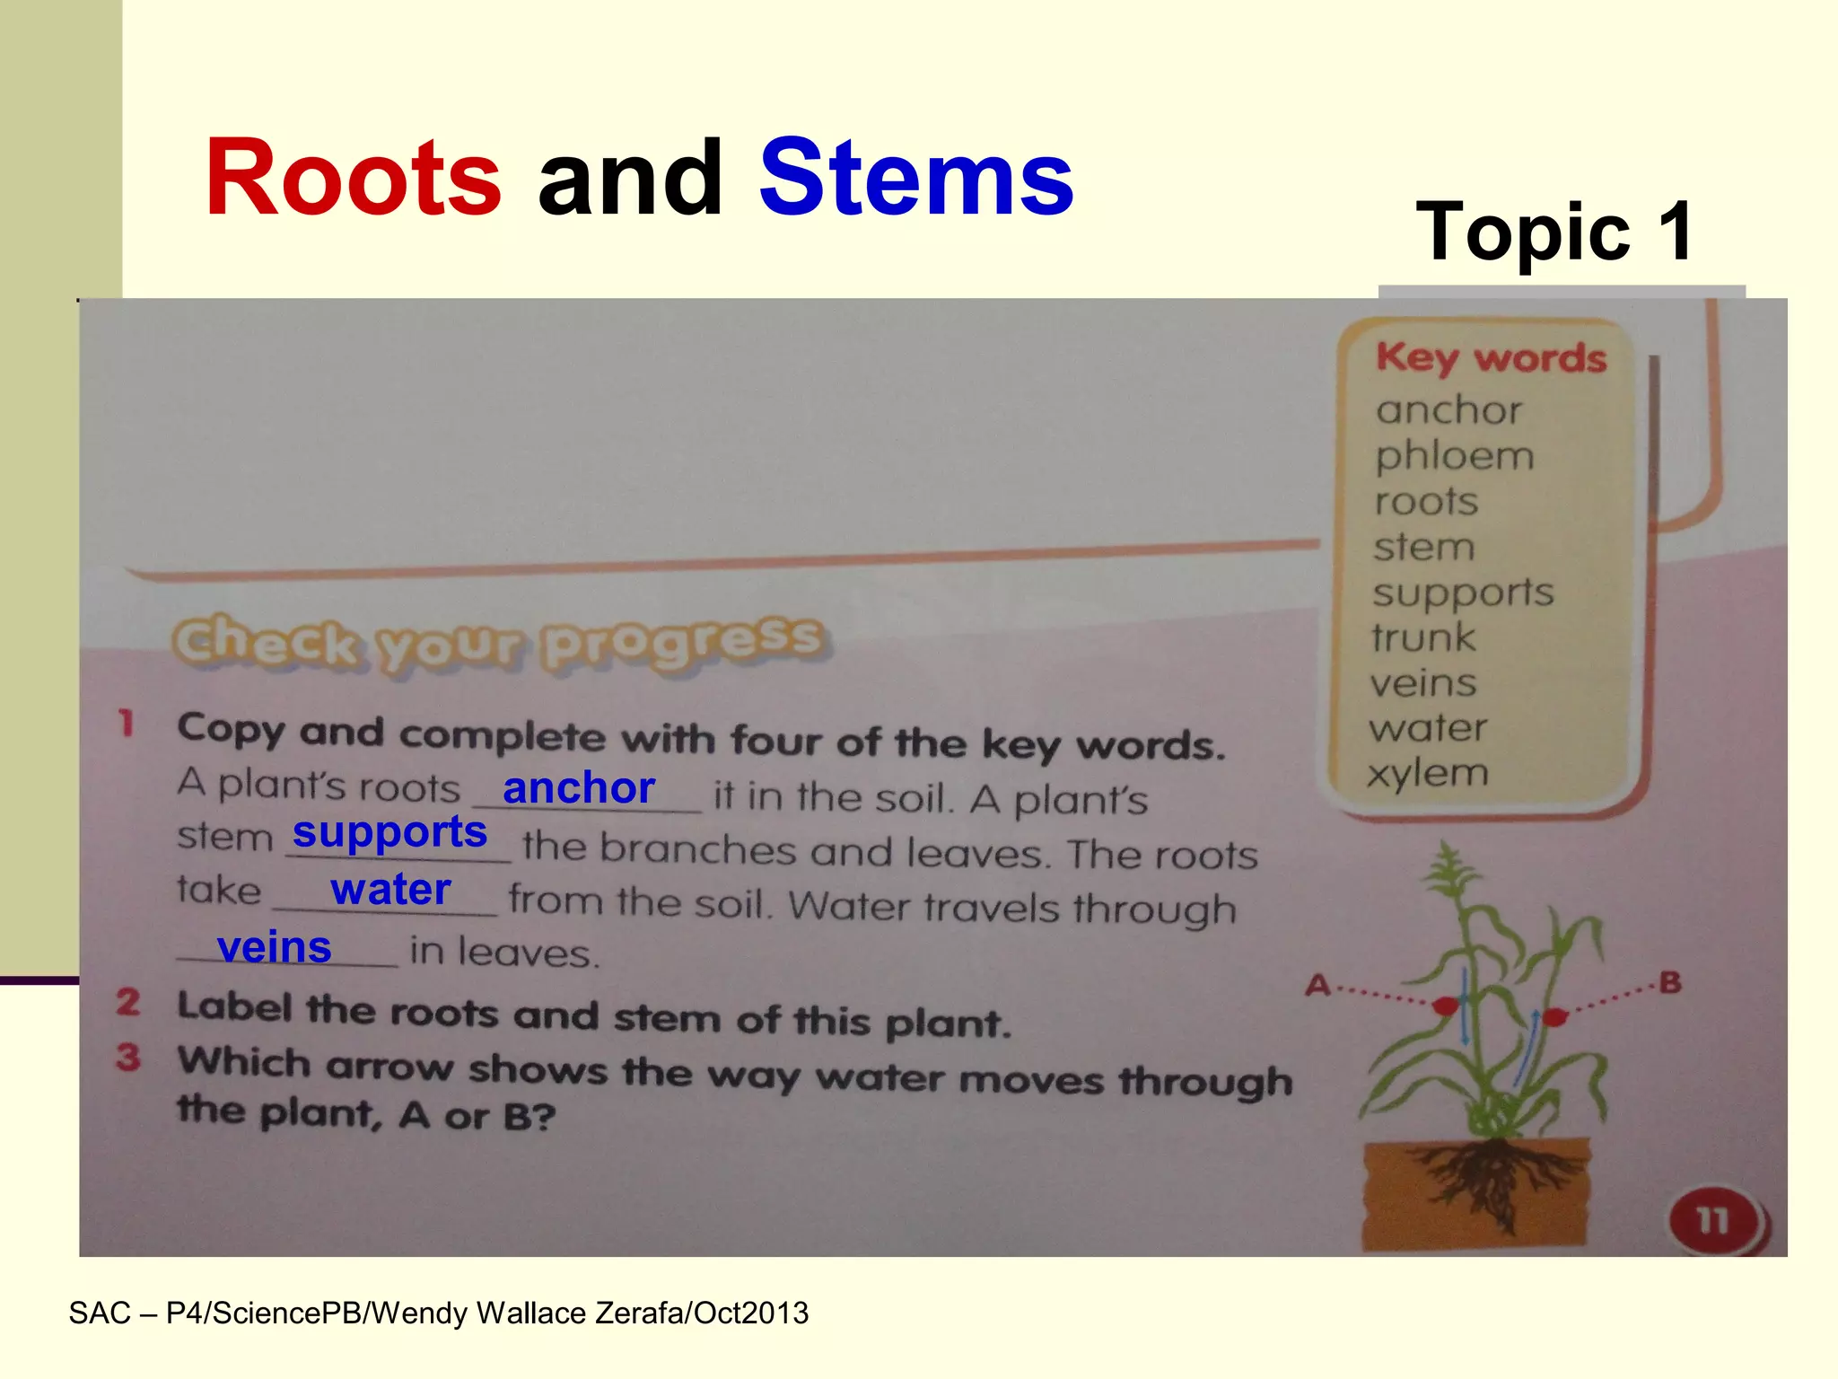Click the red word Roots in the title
pyautogui.click(x=353, y=178)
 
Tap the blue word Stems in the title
pyautogui.click(x=915, y=178)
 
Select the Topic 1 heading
pyautogui.click(x=1554, y=232)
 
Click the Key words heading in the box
pyautogui.click(x=1491, y=358)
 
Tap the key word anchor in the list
pyautogui.click(x=1449, y=410)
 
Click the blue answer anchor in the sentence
pyautogui.click(x=579, y=788)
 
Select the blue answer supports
pyautogui.click(x=389, y=832)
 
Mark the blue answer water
pyautogui.click(x=390, y=890)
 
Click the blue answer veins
pyautogui.click(x=275, y=947)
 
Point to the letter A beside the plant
pyautogui.click(x=1317, y=986)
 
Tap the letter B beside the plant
pyautogui.click(x=1670, y=982)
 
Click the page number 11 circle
pyautogui.click(x=1712, y=1220)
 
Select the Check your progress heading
pyautogui.click(x=497, y=643)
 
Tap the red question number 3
pyautogui.click(x=128, y=1058)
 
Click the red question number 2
pyautogui.click(x=128, y=1002)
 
